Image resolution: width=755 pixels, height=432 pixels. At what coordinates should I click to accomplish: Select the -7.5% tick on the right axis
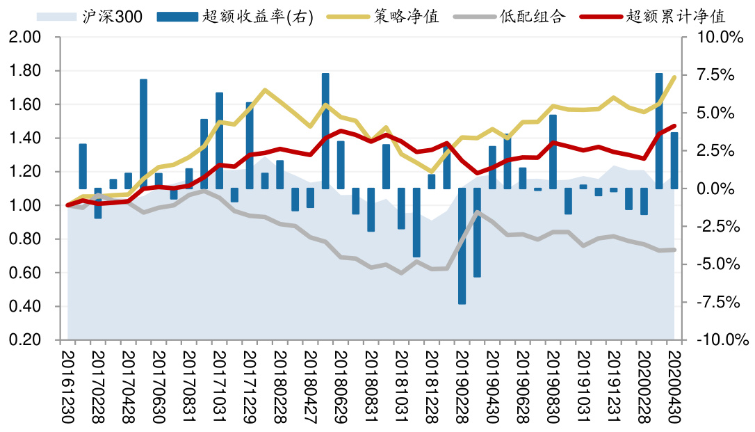click(720, 303)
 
